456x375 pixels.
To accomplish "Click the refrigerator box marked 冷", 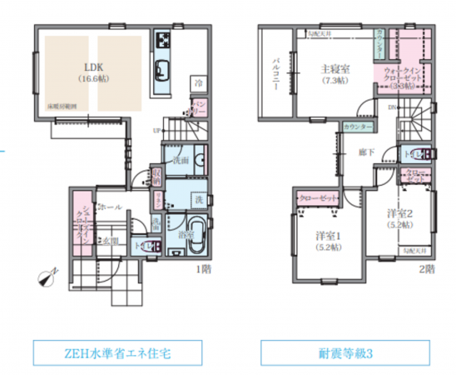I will click(x=199, y=83).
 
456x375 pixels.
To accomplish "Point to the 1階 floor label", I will click(x=203, y=268).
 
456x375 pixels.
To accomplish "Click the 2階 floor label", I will click(x=426, y=268).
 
